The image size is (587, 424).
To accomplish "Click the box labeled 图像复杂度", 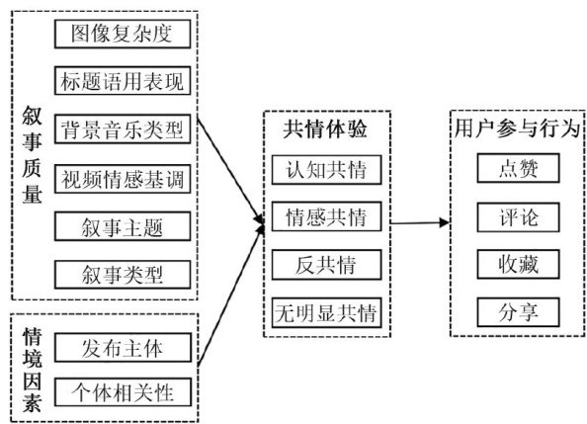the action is [123, 34].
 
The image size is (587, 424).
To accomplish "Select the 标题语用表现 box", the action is [123, 81].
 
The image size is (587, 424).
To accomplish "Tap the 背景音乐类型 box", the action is [123, 129].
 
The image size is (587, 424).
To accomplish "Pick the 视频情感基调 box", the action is [123, 179].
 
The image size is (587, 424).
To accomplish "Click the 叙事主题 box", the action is [123, 226].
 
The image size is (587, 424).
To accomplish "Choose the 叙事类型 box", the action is [123, 275].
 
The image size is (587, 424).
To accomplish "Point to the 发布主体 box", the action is [123, 348].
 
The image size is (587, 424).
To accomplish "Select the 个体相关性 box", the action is [123, 392].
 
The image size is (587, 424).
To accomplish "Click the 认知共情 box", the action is [326, 170].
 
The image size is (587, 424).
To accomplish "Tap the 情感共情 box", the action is [326, 216].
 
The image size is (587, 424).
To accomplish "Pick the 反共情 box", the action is [326, 265].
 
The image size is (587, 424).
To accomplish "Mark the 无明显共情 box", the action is [326, 312].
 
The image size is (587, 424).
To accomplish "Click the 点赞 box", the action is [518, 168].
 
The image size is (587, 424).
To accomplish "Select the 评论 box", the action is [518, 217].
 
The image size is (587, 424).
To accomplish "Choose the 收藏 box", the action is [518, 264].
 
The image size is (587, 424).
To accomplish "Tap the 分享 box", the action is [518, 312].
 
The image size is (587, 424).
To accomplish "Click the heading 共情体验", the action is [325, 129].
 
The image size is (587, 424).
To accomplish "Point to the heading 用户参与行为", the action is [518, 128].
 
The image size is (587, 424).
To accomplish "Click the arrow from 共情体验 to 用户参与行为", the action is [420, 222].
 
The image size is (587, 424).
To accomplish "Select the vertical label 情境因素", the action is [32, 370].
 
